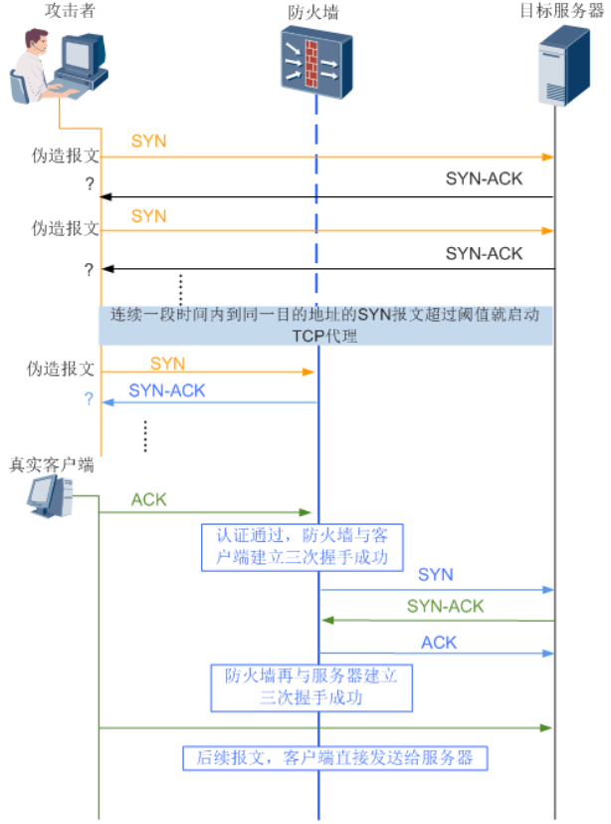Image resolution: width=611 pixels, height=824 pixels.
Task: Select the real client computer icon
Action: pos(49,496)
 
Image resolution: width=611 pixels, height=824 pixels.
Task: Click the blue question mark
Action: pos(88,399)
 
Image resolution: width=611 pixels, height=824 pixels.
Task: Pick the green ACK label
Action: pos(148,497)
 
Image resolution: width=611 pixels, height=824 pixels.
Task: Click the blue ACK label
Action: pos(439,643)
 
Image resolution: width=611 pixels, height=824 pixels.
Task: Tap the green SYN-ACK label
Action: pos(445,606)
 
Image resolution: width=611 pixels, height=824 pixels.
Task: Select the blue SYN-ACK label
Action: pos(167,391)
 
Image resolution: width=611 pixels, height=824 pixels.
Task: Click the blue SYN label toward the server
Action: pos(435,575)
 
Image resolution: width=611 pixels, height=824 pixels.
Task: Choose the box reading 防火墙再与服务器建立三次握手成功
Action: pos(310,686)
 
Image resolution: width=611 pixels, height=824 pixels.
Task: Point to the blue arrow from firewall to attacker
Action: pos(209,403)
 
